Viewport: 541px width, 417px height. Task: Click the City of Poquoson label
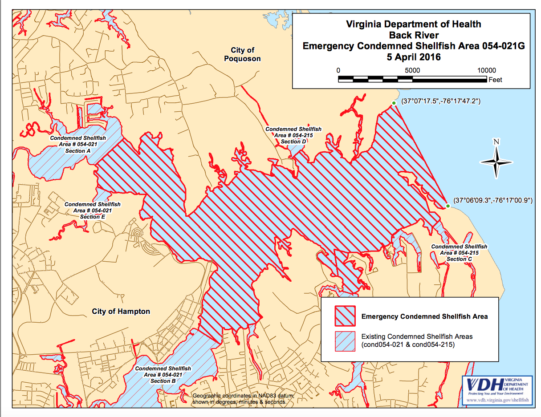[242, 54]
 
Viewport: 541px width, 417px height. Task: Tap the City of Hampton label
[121, 312]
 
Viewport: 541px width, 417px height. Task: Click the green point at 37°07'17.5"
[394, 103]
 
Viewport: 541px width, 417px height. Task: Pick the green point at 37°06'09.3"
[447, 206]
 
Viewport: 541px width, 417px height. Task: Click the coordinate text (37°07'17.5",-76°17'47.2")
[440, 101]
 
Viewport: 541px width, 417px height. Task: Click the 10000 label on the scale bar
[486, 70]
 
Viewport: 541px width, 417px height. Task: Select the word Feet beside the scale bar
[495, 80]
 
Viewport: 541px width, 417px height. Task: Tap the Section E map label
[92, 217]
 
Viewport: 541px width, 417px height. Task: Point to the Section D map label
[293, 142]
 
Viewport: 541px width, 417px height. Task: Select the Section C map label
[459, 259]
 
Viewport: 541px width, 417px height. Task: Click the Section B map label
[163, 381]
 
